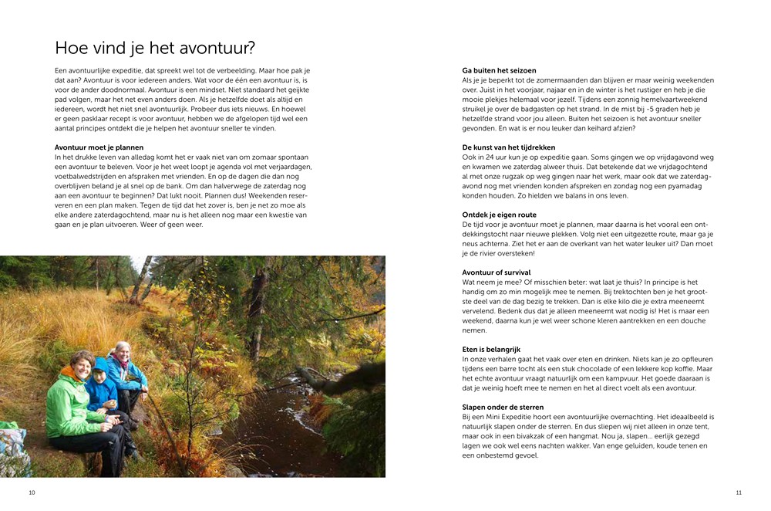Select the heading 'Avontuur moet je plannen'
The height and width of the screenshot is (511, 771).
pos(99,147)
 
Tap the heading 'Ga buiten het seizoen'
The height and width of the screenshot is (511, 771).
pos(499,70)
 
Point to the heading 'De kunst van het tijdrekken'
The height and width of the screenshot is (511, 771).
pos(508,147)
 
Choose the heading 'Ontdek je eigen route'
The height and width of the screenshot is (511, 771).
pos(499,215)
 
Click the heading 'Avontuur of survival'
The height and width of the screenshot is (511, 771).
pos(496,272)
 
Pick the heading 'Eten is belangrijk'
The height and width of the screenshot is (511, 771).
pos(492,350)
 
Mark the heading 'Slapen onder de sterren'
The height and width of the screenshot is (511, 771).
pos(503,408)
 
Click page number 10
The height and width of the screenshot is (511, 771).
pos(32,492)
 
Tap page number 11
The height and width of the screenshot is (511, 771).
pos(738,492)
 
